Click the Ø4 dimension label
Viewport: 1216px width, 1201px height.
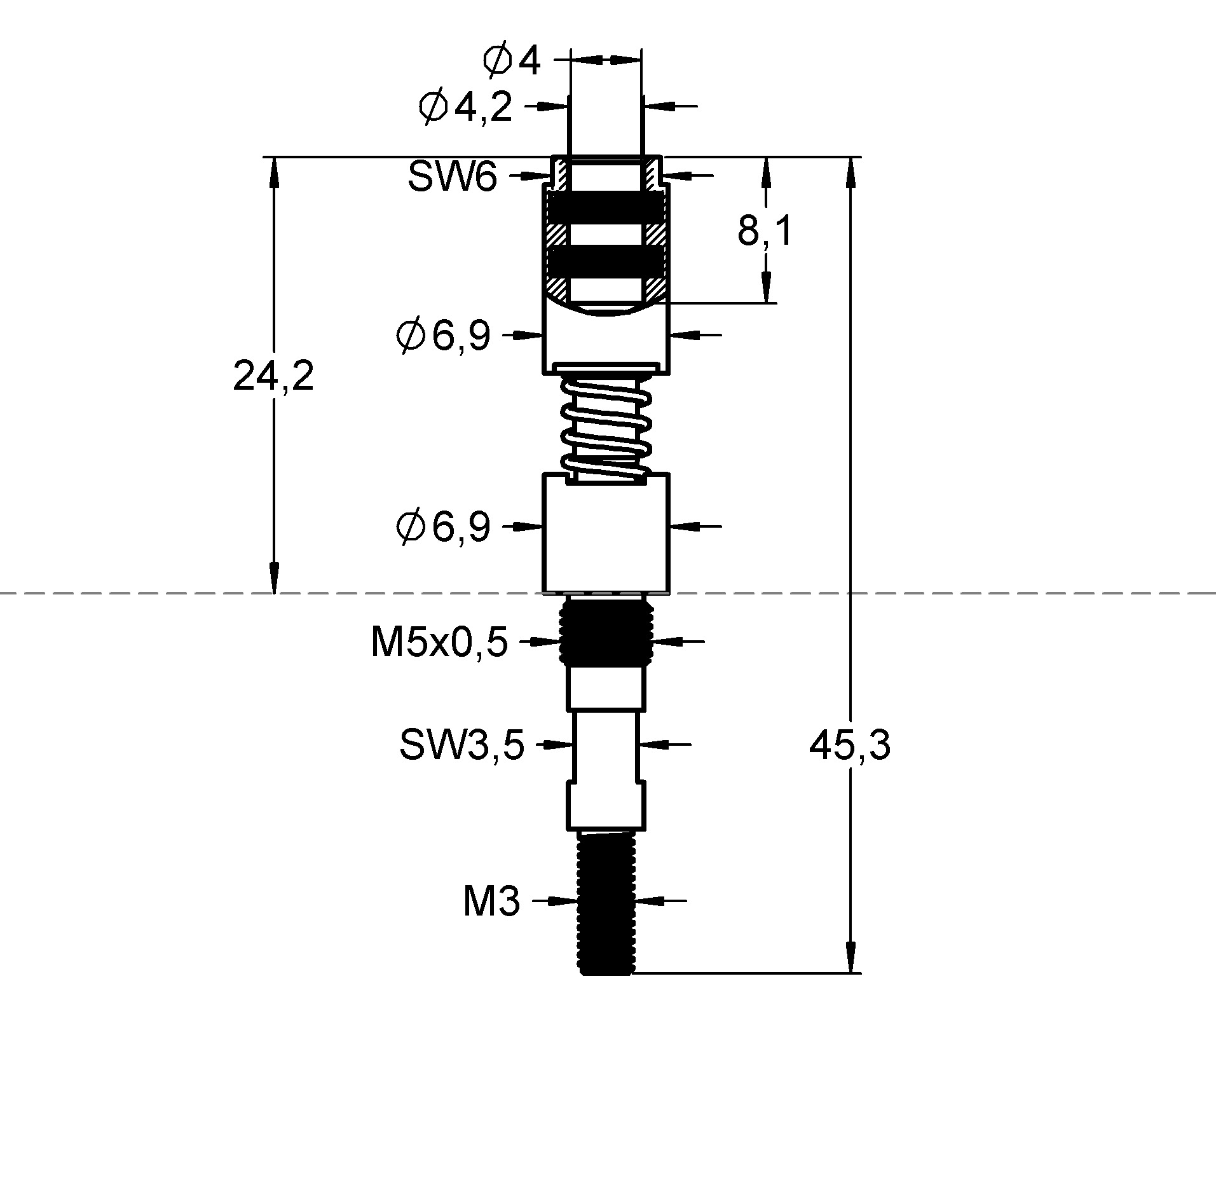coord(512,62)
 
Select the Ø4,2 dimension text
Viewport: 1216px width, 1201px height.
coord(465,107)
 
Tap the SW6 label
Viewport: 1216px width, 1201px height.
coord(452,176)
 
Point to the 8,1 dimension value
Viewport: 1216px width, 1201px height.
coord(765,231)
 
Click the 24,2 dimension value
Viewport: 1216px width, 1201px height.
coord(273,376)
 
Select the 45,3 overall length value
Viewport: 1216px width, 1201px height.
coord(849,745)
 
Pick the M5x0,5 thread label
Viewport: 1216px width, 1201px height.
coord(439,642)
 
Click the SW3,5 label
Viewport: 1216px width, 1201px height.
coord(461,745)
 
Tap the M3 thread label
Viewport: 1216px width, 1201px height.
coord(491,901)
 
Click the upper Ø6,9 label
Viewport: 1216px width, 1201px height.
coord(443,335)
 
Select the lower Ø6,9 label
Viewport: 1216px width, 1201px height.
coord(443,526)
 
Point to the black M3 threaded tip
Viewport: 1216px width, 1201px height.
coord(606,903)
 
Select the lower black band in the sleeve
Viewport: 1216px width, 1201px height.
coord(606,262)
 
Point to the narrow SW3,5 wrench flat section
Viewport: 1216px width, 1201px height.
coord(606,746)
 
